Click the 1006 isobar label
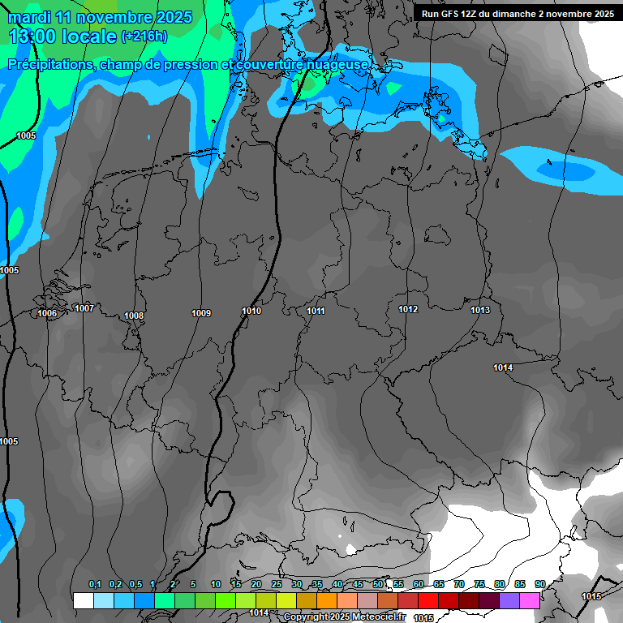[x=47, y=313]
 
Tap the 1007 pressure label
[x=84, y=308]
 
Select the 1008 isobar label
[x=134, y=316]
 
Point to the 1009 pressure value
[x=201, y=313]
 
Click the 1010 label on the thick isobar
[x=251, y=311]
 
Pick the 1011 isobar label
[x=316, y=311]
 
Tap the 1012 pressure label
[x=408, y=309]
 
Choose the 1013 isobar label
[x=480, y=310]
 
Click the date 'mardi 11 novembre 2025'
[x=100, y=17]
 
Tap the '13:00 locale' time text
[x=62, y=37]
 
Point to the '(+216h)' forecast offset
[x=144, y=37]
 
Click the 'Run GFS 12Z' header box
[x=517, y=14]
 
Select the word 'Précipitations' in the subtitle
[x=49, y=64]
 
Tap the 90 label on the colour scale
[x=540, y=584]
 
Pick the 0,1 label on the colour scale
[x=95, y=584]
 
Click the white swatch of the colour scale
[x=83, y=600]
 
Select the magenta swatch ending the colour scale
[x=530, y=600]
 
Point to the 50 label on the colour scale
[x=378, y=584]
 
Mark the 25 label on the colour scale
[x=277, y=584]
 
